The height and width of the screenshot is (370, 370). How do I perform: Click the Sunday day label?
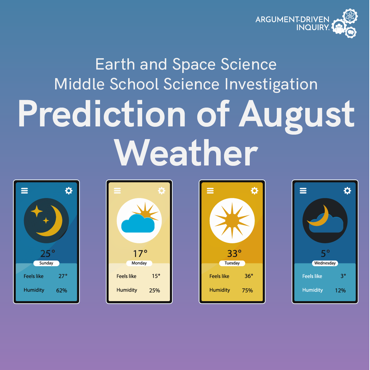pyautogui.click(x=46, y=263)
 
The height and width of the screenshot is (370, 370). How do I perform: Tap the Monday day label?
pyautogui.click(x=139, y=263)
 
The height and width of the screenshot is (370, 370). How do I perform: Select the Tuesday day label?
pyautogui.click(x=232, y=263)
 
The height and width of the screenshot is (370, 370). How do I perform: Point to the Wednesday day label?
pyautogui.click(x=325, y=263)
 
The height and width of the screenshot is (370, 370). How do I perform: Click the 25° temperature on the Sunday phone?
pyautogui.click(x=47, y=254)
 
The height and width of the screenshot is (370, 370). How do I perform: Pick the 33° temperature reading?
pyautogui.click(x=234, y=254)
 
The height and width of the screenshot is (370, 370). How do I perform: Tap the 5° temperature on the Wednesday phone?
pyautogui.click(x=325, y=253)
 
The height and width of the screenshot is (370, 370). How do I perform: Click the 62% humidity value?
pyautogui.click(x=62, y=291)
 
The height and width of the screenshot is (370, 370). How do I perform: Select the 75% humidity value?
pyautogui.click(x=247, y=291)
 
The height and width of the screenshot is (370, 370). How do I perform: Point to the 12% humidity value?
pyautogui.click(x=340, y=291)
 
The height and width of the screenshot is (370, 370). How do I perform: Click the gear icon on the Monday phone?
pyautogui.click(x=161, y=191)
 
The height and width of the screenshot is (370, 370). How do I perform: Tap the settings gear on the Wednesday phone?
pyautogui.click(x=347, y=191)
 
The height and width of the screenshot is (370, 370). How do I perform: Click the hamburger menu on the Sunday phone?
pyautogui.click(x=24, y=191)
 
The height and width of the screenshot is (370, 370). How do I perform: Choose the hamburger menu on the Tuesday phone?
pyautogui.click(x=210, y=191)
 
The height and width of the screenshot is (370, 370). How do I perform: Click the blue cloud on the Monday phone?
pyautogui.click(x=138, y=224)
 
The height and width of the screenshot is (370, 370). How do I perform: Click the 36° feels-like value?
pyautogui.click(x=249, y=276)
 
